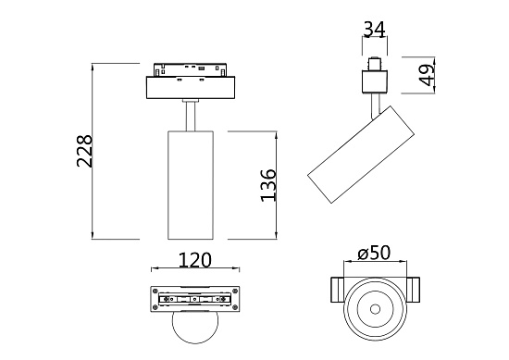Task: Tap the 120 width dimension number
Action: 192,262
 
